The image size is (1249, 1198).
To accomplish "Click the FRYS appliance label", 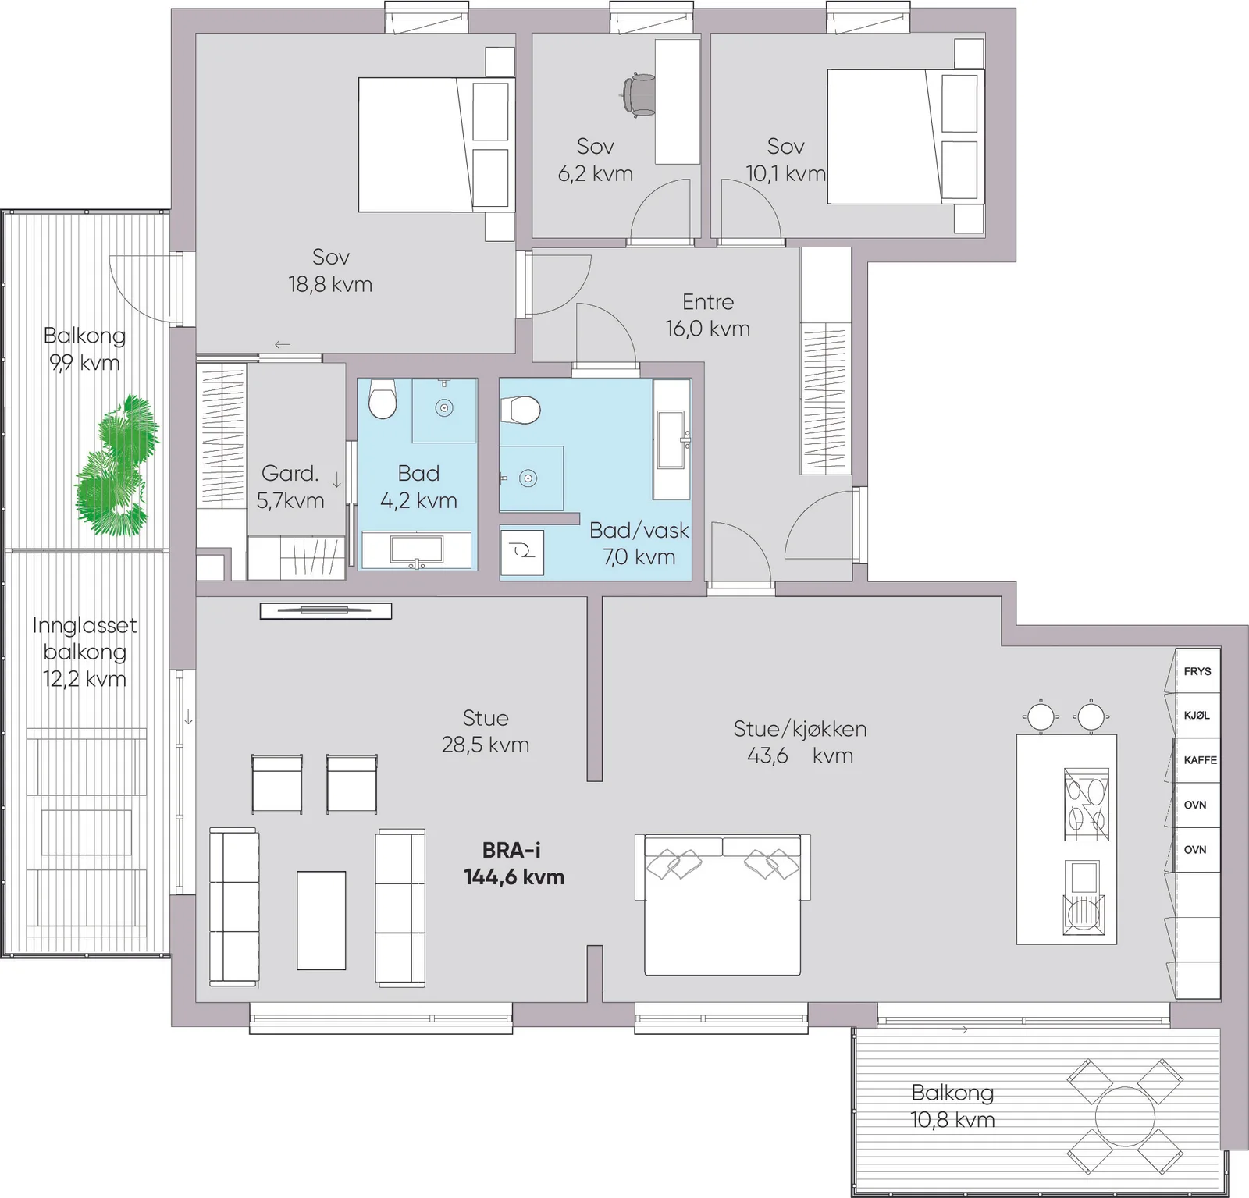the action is coord(1197,671).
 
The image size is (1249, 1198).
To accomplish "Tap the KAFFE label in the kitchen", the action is coord(1200,760).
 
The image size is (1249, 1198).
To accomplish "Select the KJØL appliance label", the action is coord(1197,716).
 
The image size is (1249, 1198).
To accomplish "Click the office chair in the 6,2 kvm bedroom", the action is coord(639,94).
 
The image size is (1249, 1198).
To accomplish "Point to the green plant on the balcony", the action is coord(117,465).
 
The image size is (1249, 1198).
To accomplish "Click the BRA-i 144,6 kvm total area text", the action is coord(514,864).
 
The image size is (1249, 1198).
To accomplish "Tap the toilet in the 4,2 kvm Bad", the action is coord(383,399).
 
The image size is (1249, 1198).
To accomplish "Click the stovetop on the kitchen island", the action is coord(1086,804).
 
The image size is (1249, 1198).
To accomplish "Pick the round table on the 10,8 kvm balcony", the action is coord(1125,1116).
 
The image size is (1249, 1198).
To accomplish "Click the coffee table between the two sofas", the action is coord(321,920).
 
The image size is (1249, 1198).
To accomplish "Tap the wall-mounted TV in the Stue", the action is coord(326,610).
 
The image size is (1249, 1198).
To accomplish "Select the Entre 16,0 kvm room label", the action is coord(707,315).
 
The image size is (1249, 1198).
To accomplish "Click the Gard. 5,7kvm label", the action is coord(290,487).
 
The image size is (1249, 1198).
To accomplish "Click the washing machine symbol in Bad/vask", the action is coord(522,552).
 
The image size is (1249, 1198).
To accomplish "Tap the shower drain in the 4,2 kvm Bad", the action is coord(444,408).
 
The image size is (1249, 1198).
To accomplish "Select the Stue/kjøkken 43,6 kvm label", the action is coord(800,742).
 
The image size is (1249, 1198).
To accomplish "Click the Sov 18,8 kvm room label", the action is coord(330,270).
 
